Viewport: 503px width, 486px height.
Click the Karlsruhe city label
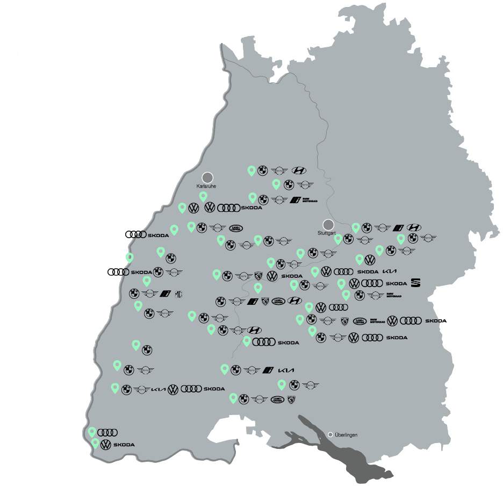click(x=206, y=185)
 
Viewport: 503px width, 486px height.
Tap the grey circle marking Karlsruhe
click(x=207, y=177)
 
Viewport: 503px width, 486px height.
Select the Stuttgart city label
click(x=327, y=233)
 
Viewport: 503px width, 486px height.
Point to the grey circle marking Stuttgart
click(x=328, y=224)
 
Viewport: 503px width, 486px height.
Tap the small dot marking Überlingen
click(x=330, y=434)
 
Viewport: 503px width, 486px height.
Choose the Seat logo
click(x=416, y=283)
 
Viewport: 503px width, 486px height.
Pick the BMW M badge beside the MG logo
click(x=166, y=294)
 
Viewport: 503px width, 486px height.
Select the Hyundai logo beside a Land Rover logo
click(x=294, y=301)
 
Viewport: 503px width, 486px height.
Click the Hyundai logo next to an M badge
click(x=414, y=227)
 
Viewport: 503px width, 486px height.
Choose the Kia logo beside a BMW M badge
click(x=286, y=370)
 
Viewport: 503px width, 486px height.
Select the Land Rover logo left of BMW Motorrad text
click(x=360, y=321)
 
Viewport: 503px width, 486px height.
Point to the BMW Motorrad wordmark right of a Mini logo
click(x=393, y=295)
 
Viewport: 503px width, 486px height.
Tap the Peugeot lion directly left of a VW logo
click(x=258, y=276)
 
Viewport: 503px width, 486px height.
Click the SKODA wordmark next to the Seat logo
click(x=396, y=283)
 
